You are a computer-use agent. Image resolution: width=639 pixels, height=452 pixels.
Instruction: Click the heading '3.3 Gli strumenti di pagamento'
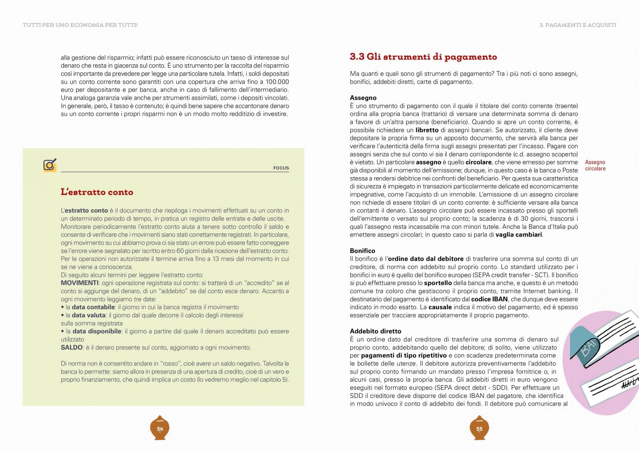(423, 57)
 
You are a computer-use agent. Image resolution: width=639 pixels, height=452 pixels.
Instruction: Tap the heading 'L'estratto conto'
(97, 192)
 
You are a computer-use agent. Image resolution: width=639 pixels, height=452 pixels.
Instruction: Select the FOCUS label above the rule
(281, 168)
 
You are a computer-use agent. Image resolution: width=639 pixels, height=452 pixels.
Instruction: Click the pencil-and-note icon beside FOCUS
(50, 164)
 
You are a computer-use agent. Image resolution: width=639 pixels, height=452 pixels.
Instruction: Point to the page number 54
(160, 429)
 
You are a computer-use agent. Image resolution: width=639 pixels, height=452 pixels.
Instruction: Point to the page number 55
(479, 429)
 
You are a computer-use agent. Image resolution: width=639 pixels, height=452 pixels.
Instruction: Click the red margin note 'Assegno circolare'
(595, 165)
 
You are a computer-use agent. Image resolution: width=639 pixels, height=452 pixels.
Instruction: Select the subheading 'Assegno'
(363, 98)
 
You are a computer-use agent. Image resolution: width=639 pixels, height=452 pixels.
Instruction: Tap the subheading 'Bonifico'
(363, 250)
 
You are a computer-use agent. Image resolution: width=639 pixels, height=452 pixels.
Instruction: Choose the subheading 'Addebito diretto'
(375, 331)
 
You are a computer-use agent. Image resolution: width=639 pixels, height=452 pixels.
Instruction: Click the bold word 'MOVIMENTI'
(80, 283)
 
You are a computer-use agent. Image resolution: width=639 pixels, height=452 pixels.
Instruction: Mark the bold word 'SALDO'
(72, 347)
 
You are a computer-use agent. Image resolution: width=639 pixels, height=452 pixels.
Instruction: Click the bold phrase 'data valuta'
(89, 315)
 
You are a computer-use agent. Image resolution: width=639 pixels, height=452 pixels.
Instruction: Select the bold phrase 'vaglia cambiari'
(519, 235)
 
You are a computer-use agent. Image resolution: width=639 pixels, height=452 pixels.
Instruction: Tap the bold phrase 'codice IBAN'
(489, 299)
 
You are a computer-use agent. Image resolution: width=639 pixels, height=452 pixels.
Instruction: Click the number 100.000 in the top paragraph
(277, 82)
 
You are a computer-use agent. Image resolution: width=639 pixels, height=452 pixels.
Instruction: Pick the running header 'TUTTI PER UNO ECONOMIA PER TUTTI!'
(80, 25)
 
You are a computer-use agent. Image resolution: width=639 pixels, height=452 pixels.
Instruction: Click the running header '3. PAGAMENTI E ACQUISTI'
(577, 25)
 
